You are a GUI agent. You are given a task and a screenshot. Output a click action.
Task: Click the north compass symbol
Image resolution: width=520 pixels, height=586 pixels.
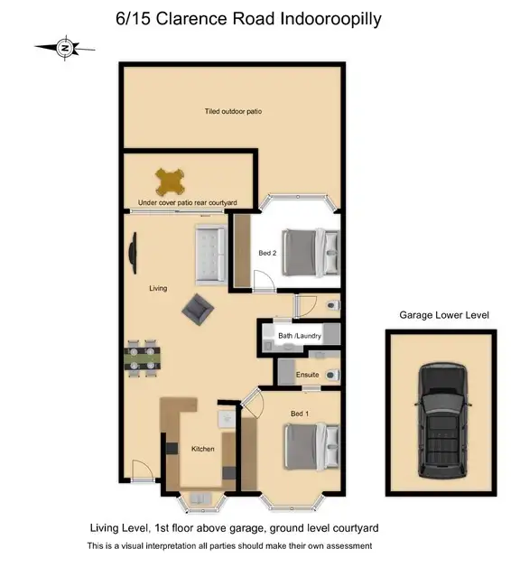(62, 47)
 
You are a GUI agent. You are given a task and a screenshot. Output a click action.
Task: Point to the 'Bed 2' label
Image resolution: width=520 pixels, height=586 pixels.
(267, 253)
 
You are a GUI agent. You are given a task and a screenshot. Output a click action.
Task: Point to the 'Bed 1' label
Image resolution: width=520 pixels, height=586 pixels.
(299, 413)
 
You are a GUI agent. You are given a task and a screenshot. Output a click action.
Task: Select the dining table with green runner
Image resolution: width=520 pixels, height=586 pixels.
(143, 357)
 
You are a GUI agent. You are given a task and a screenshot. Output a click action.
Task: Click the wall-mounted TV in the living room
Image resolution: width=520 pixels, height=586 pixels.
(133, 255)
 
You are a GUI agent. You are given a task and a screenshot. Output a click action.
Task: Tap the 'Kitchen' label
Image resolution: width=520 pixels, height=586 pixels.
(202, 449)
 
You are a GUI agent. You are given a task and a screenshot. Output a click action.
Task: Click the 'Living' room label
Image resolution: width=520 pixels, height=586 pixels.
(158, 288)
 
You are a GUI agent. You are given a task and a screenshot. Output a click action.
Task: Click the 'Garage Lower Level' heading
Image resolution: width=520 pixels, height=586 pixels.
(443, 314)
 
